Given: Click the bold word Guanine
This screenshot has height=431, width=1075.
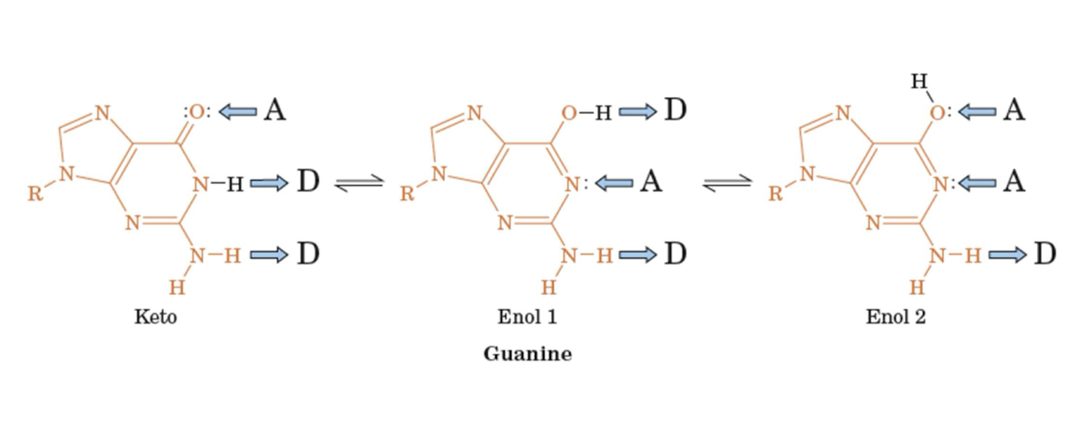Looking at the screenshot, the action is click(527, 353).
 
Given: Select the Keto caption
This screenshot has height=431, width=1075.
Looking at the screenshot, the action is click(156, 317).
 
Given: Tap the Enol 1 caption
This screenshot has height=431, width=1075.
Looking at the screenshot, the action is click(527, 317).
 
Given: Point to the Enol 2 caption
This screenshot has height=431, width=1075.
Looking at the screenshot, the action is click(895, 317).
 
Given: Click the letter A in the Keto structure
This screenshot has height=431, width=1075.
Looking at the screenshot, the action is click(274, 110).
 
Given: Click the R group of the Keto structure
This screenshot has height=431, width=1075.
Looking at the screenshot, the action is click(35, 194).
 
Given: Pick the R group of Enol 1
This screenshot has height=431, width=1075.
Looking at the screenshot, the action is click(407, 194).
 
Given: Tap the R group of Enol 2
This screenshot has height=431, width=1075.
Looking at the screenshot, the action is click(775, 194).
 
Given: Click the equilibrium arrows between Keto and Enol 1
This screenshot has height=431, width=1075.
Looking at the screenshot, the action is click(359, 183).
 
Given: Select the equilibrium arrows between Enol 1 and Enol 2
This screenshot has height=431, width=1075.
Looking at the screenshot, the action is click(727, 183).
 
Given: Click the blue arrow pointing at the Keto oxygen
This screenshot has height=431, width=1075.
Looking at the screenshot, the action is click(238, 111).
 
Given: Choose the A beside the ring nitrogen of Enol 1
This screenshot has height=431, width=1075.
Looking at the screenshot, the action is click(650, 182).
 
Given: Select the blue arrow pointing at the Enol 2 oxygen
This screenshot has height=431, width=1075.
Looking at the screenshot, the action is click(977, 111).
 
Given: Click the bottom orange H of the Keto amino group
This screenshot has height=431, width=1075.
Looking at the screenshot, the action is click(176, 287).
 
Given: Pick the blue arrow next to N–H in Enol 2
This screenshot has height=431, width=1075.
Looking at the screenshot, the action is click(1007, 254).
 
